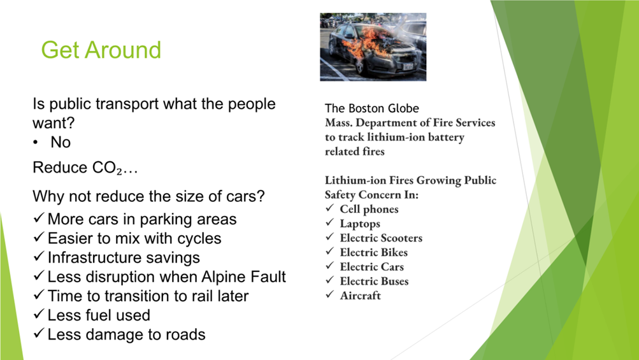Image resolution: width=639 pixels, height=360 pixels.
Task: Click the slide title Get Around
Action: tap(101, 50)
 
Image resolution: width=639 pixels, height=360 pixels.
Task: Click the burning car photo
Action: tap(373, 47)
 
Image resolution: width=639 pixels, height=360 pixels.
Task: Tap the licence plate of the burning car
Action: tap(408, 66)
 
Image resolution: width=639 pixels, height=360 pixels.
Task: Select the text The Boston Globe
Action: tap(371, 108)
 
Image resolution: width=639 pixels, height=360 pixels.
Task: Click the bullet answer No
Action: tap(61, 142)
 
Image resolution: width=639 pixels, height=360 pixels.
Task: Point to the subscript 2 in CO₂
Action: tap(119, 171)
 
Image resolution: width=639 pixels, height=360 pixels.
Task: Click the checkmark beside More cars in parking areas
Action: tap(39, 218)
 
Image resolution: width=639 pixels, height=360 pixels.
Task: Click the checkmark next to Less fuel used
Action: tap(39, 313)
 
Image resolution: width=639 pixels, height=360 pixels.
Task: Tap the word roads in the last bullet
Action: tap(185, 335)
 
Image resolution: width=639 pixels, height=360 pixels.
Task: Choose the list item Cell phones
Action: tap(370, 209)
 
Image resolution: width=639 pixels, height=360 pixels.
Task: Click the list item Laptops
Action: tap(360, 224)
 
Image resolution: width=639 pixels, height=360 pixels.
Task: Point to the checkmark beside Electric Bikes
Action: tap(329, 251)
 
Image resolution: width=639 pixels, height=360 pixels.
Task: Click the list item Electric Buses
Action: tap(374, 282)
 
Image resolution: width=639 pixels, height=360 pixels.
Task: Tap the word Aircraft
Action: tap(360, 296)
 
